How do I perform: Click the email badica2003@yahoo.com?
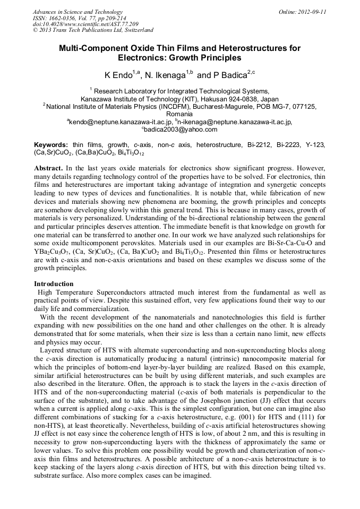click(x=181, y=130)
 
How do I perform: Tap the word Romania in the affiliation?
click(x=179, y=114)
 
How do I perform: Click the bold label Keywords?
click(x=51, y=145)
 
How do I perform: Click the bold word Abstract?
click(x=48, y=168)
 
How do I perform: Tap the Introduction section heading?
click(x=54, y=284)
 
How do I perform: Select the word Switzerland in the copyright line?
click(x=139, y=31)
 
